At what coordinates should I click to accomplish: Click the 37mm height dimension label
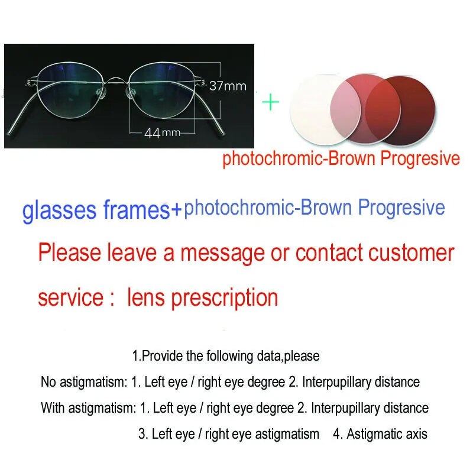click(228, 86)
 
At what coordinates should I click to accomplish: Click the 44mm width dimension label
click(162, 132)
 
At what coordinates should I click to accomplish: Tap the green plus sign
click(270, 103)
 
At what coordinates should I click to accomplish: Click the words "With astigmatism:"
click(88, 408)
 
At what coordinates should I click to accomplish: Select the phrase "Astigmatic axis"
click(387, 434)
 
